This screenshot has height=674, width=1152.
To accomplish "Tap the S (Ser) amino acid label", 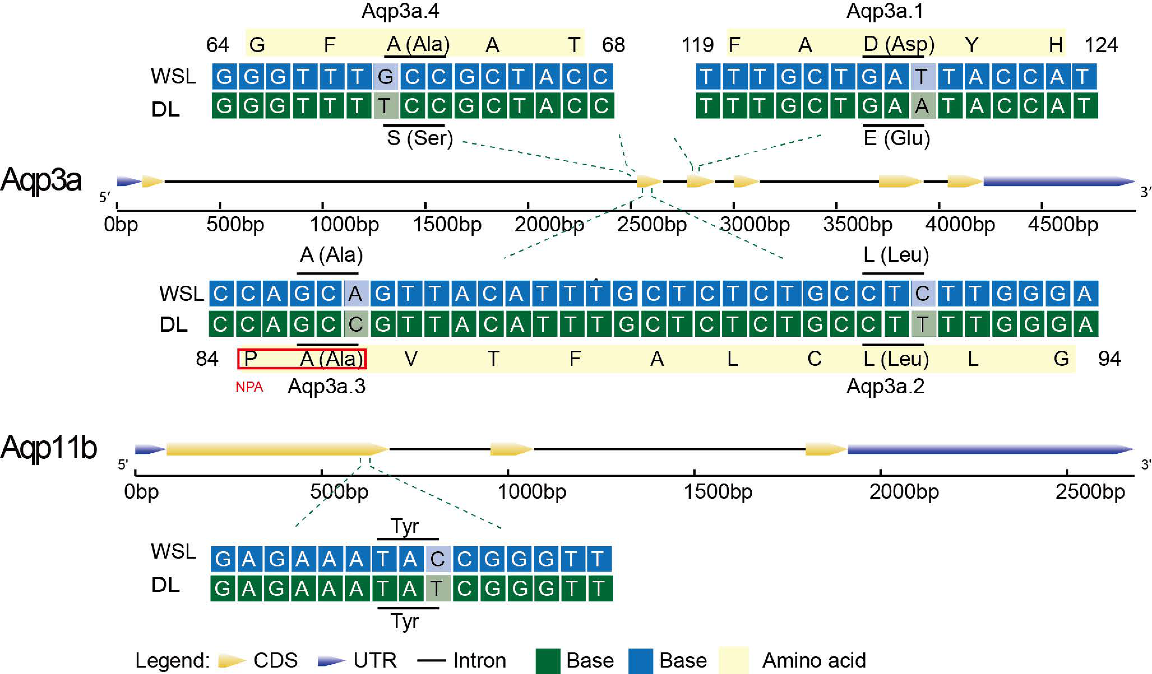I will (420, 138).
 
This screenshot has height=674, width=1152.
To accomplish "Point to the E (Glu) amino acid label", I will (896, 138).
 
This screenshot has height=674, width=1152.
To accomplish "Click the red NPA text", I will (249, 387).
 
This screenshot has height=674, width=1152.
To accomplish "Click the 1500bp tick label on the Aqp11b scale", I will (718, 492).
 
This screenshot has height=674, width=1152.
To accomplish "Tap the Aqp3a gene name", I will (41, 180).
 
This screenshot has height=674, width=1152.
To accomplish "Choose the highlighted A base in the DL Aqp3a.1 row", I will (922, 106).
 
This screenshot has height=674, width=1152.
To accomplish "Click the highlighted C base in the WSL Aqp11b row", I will (438, 559).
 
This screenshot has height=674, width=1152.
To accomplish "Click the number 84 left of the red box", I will (207, 359).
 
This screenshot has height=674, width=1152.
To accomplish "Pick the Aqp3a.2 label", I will (885, 387).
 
